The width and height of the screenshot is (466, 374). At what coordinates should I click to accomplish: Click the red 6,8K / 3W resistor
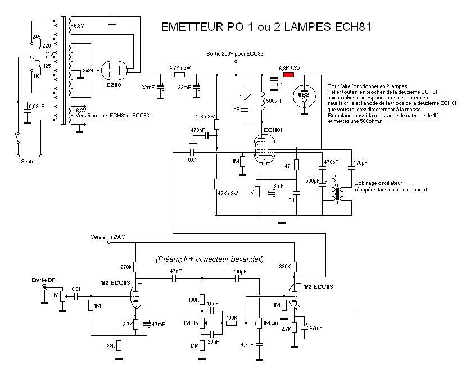[288, 75]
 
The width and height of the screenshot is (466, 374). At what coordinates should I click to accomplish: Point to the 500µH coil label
[275, 101]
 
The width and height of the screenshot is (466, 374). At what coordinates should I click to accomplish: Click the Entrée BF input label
[43, 280]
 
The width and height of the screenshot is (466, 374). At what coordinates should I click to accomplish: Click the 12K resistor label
[194, 346]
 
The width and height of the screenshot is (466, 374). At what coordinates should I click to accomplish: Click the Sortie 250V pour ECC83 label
[236, 53]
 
